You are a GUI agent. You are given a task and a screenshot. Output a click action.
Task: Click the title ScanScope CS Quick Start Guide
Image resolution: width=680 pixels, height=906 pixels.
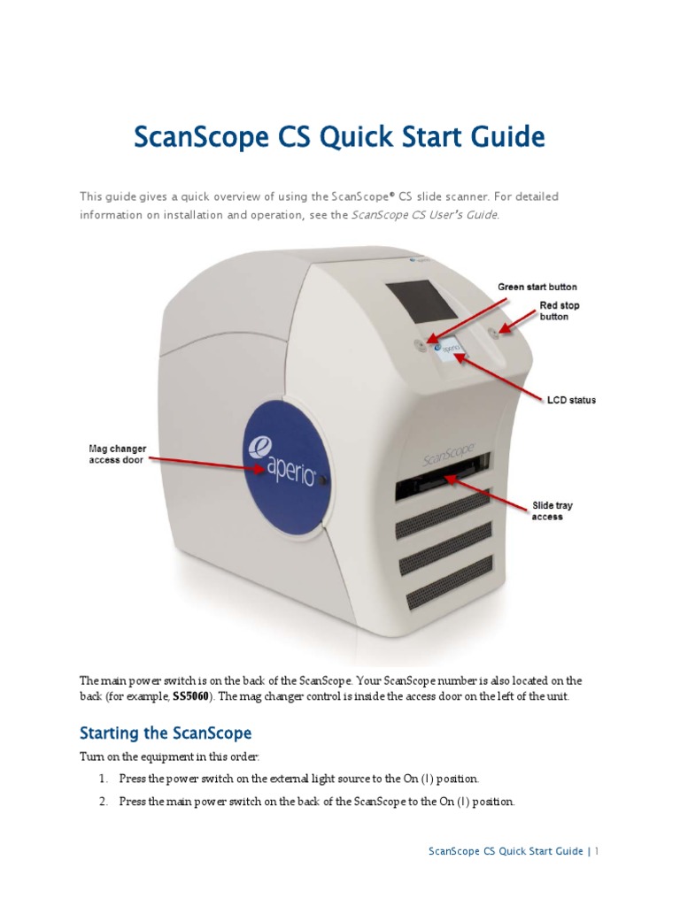(339, 138)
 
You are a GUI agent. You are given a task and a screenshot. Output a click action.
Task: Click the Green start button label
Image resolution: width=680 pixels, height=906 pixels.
(537, 287)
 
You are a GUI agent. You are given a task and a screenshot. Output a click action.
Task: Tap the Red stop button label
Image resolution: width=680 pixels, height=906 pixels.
(560, 311)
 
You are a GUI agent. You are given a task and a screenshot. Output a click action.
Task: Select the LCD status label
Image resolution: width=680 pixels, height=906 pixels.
(570, 400)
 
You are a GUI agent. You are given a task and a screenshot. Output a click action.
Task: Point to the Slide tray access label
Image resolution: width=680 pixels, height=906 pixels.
(552, 511)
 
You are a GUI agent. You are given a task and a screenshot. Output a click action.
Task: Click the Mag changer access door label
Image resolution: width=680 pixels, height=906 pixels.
(111, 453)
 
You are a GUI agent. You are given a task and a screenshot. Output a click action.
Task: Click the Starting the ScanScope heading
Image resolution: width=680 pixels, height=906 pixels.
(166, 733)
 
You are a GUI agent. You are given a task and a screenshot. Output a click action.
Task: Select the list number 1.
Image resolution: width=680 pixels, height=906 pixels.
(103, 779)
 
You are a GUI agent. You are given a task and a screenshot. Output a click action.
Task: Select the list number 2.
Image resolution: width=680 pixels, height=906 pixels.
(103, 802)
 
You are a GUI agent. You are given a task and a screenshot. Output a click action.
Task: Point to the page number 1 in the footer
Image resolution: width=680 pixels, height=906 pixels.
(598, 851)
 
